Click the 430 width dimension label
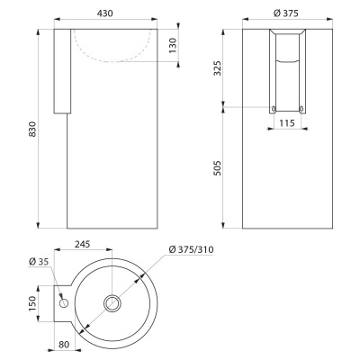[105, 13]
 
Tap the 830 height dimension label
[32, 129]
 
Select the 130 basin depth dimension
[173, 45]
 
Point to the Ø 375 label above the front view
[286, 13]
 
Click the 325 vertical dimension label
[217, 68]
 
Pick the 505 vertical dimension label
[217, 168]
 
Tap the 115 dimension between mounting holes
[287, 123]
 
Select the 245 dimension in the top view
[82, 244]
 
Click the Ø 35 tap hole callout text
[39, 262]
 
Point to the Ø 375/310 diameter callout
[191, 249]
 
